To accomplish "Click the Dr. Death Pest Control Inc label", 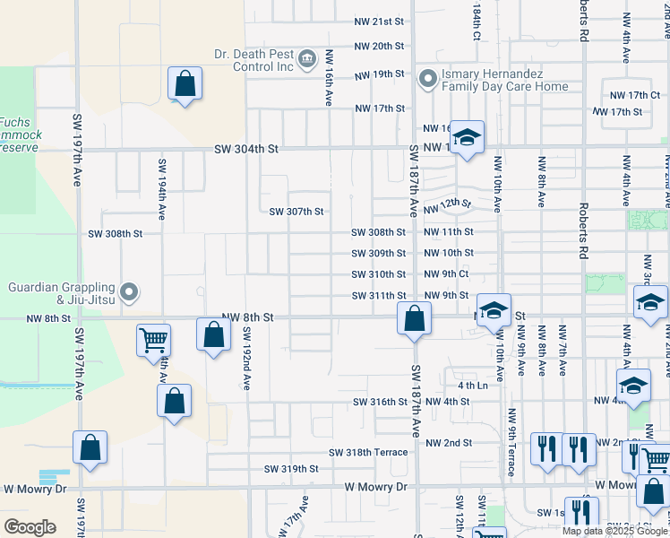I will click(254, 60).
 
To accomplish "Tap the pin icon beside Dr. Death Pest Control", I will click(306, 60).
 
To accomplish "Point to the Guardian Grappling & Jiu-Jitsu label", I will click(62, 293).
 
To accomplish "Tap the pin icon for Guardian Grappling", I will click(129, 291).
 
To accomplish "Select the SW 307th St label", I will click(296, 212).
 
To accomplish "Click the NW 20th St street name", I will click(380, 46).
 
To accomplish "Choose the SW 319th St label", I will click(291, 469).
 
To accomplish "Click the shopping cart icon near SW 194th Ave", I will click(153, 341).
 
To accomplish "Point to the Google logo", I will click(29, 527).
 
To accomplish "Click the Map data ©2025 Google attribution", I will click(614, 530).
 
